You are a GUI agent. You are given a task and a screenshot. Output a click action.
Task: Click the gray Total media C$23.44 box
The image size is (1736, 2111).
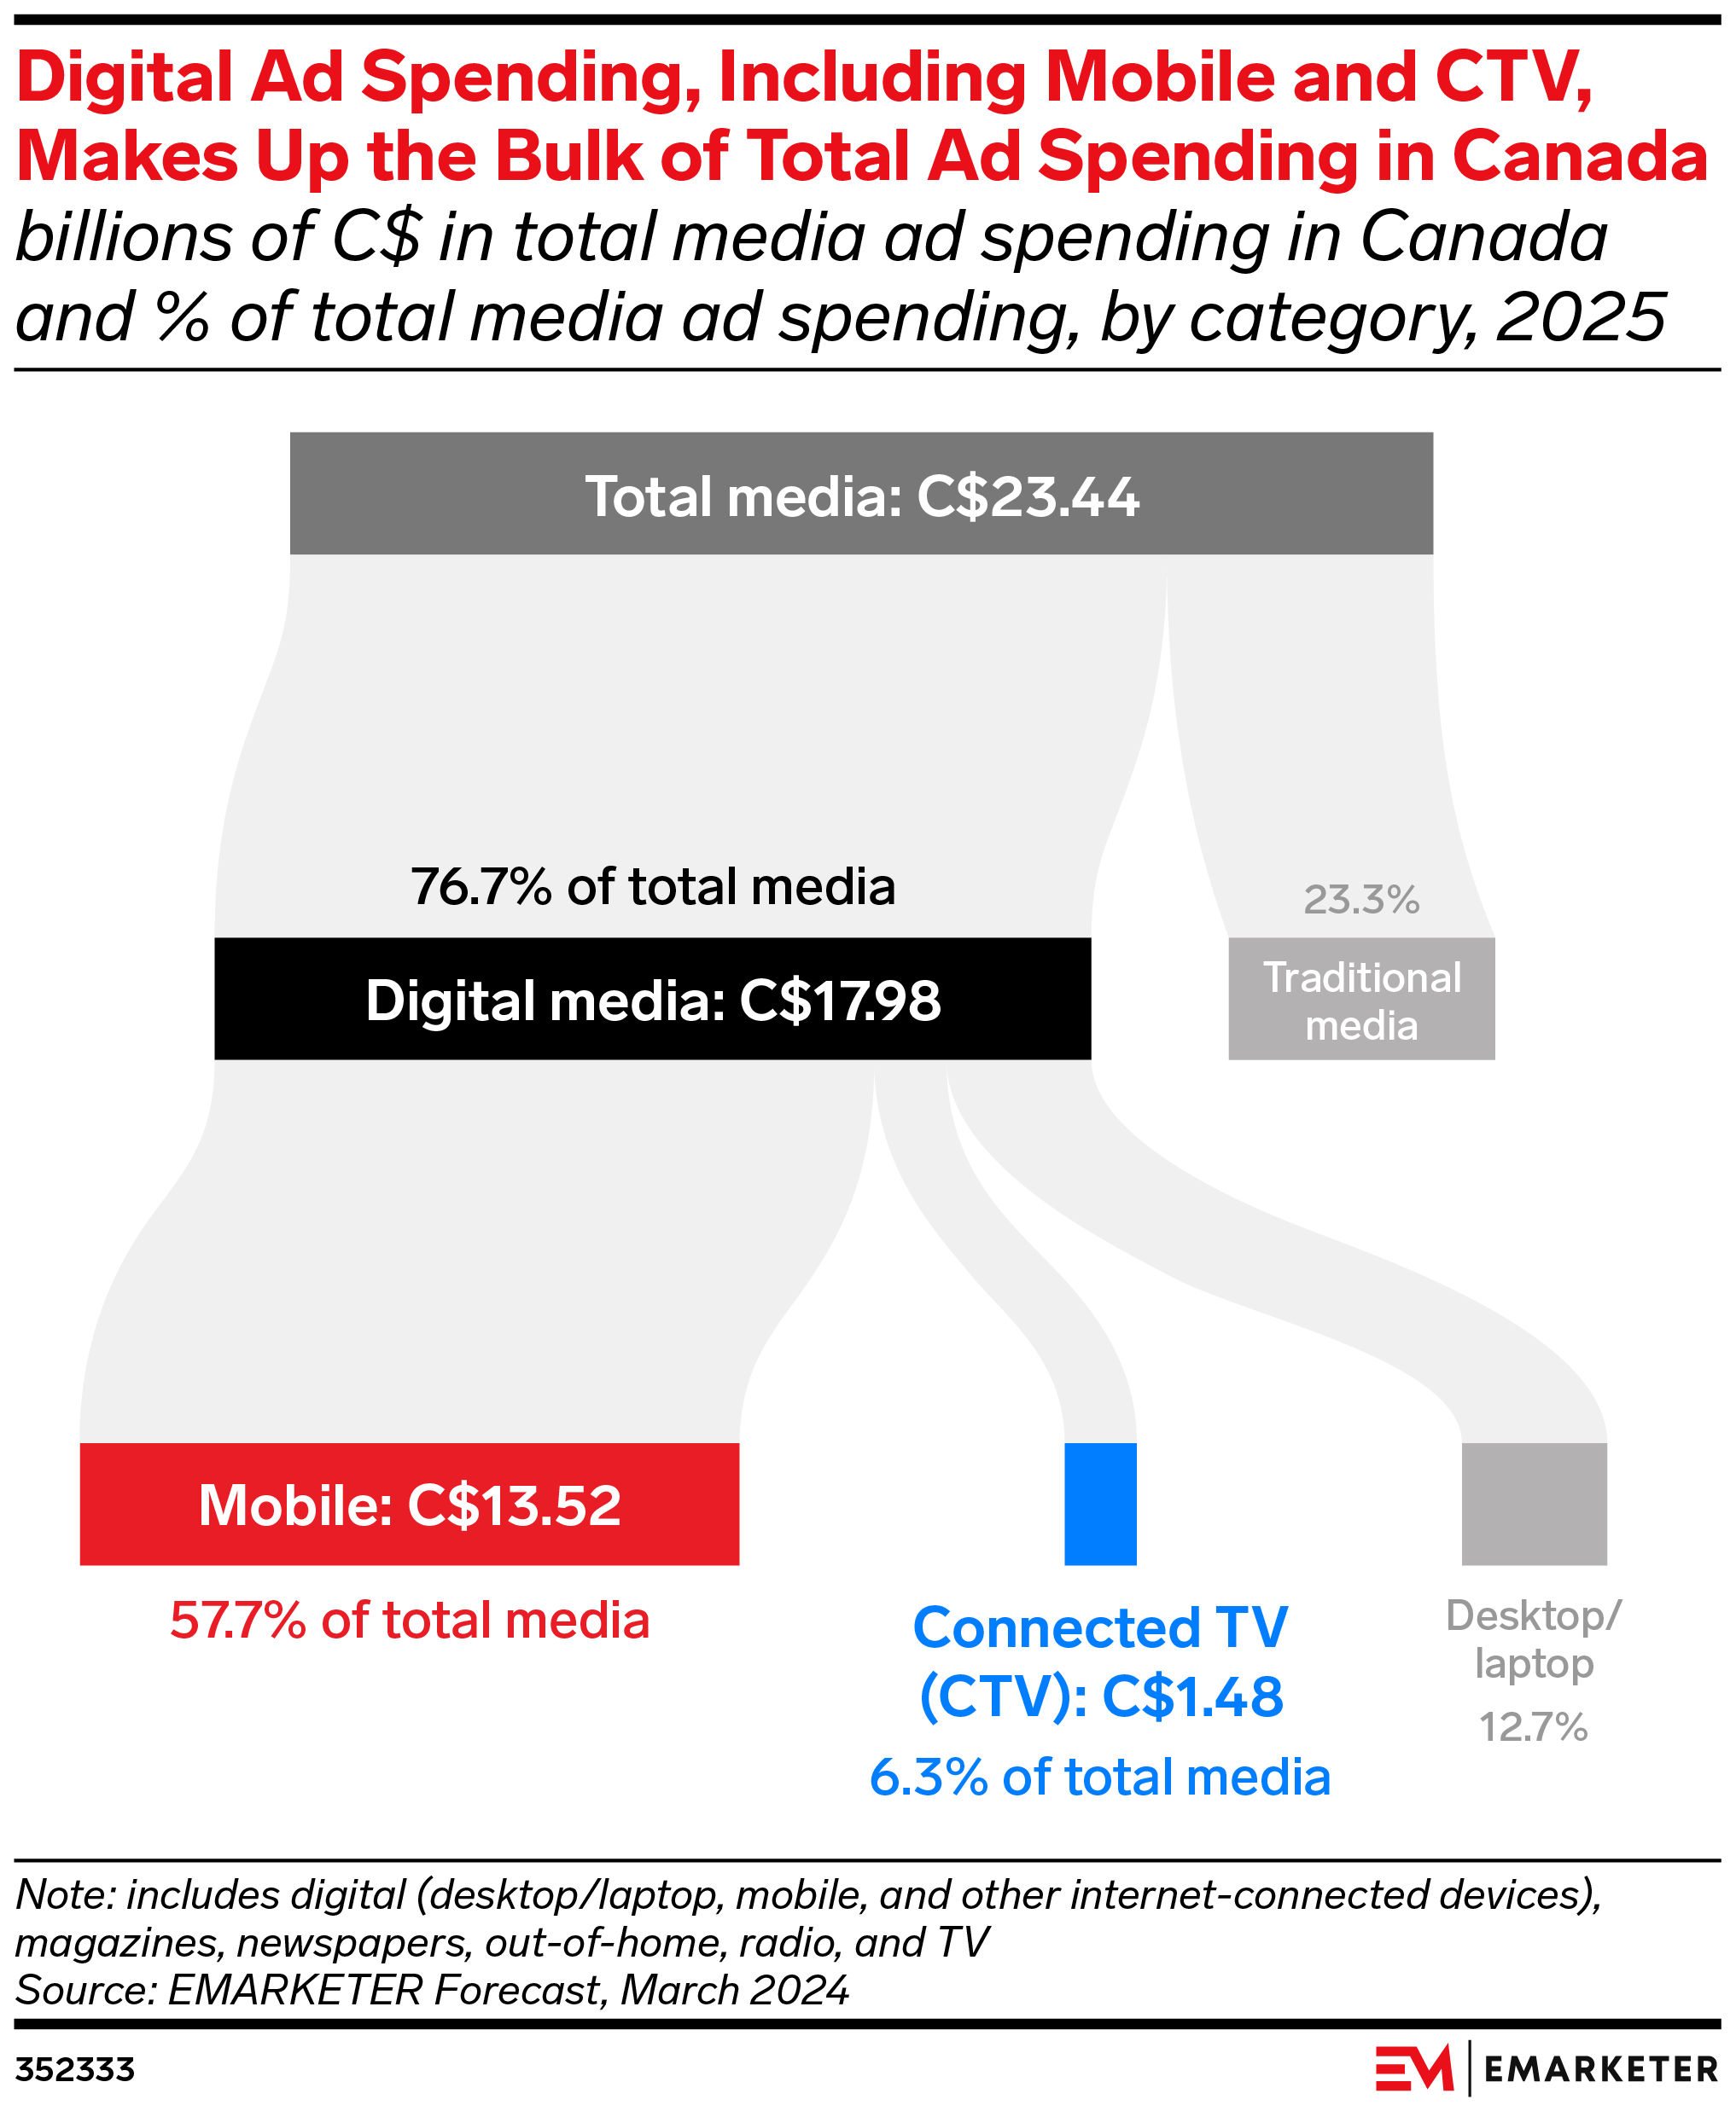[x=860, y=494]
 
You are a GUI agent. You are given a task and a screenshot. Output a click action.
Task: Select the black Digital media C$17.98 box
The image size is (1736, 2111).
[x=652, y=999]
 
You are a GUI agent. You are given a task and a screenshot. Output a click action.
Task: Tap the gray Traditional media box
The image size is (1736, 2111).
[x=1361, y=999]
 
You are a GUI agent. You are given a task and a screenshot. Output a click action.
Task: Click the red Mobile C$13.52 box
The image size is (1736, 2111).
[x=409, y=1505]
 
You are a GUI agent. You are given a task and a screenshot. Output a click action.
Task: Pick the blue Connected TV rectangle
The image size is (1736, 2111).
[x=1100, y=1505]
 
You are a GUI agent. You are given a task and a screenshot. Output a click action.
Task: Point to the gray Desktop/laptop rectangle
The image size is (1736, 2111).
[x=1533, y=1505]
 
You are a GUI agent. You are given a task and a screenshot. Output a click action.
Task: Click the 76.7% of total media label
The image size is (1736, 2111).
[x=652, y=886]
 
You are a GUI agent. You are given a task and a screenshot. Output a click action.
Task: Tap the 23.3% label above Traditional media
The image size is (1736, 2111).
[x=1361, y=901]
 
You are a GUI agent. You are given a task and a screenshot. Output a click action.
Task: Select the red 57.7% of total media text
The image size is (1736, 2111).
[x=409, y=1621]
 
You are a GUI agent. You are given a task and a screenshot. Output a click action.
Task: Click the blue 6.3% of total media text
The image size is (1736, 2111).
[x=1100, y=1778]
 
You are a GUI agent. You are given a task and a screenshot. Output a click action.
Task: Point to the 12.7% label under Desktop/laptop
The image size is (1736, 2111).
[x=1533, y=1727]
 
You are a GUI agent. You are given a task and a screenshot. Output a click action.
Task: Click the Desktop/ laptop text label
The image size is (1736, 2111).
[x=1533, y=1639]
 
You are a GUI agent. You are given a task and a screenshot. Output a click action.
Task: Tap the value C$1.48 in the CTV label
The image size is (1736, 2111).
[x=1192, y=1697]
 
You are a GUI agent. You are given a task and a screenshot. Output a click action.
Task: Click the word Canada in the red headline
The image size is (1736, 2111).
[x=1579, y=157]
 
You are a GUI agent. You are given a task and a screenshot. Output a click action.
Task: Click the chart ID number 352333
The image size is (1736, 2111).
[x=75, y=2069]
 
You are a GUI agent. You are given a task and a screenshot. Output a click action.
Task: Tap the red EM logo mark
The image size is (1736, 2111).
[x=1413, y=2068]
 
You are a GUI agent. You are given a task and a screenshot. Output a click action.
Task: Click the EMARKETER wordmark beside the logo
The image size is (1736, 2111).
[x=1600, y=2069]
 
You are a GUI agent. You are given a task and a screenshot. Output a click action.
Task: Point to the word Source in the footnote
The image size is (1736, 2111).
[x=85, y=1990]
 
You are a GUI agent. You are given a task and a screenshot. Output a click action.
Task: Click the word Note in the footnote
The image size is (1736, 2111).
[x=62, y=1895]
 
